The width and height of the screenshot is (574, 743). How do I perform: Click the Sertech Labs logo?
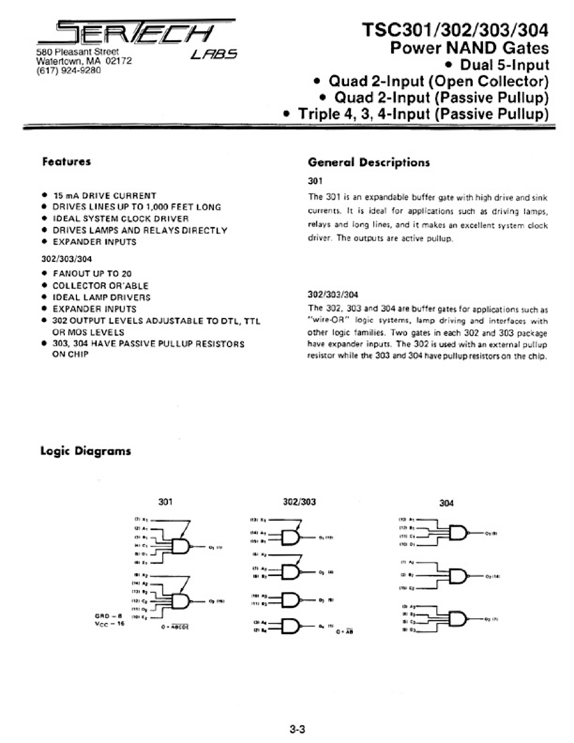click(x=136, y=38)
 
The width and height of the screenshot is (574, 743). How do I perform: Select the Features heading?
click(x=67, y=162)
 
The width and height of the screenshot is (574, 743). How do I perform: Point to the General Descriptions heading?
click(x=369, y=162)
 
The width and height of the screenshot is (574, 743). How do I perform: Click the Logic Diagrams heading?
click(x=85, y=451)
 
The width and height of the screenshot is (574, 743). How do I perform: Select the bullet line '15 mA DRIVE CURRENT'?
click(x=105, y=196)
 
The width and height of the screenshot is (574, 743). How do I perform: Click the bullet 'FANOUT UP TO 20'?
click(x=92, y=273)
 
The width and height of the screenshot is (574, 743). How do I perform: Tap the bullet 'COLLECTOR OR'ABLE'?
click(x=100, y=285)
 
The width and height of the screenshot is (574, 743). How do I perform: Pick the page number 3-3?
click(x=297, y=729)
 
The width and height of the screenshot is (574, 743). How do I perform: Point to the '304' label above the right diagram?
click(x=447, y=503)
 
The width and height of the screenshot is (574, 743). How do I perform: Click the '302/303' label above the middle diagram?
click(x=299, y=502)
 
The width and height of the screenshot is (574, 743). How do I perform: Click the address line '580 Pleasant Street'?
click(x=78, y=52)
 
